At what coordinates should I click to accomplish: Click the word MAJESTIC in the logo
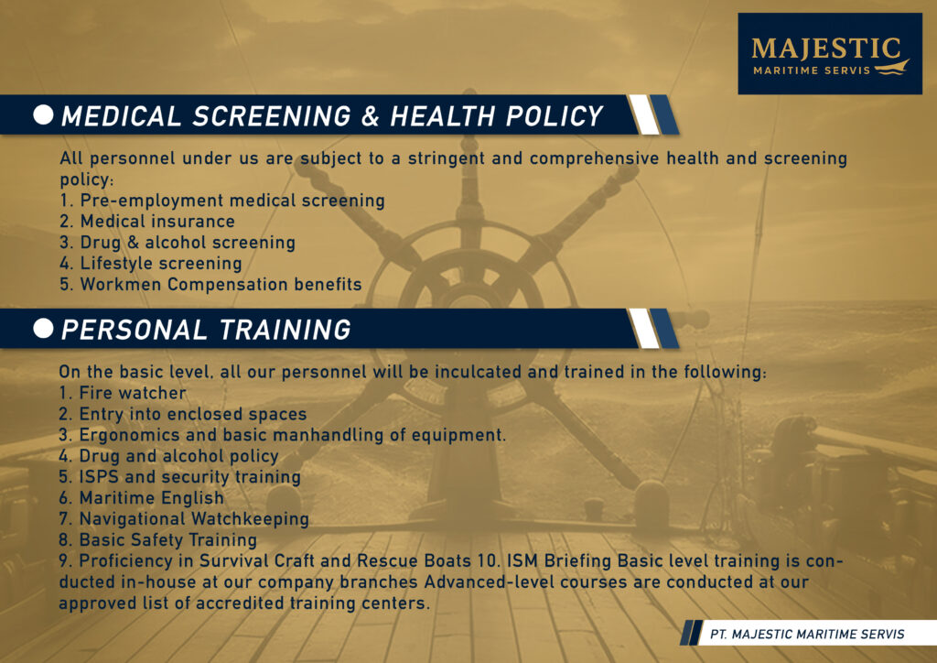[x=825, y=49]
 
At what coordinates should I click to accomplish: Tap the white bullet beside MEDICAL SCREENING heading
[x=43, y=114]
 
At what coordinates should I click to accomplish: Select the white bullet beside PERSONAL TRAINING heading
[x=43, y=328]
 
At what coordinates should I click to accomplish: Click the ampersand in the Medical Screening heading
[x=371, y=116]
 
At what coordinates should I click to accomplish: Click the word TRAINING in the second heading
[x=285, y=330]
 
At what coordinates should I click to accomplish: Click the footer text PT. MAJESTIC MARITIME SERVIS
[x=807, y=635]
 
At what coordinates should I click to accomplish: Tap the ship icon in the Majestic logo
[x=891, y=68]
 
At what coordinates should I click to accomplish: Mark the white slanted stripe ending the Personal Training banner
[x=643, y=328]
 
